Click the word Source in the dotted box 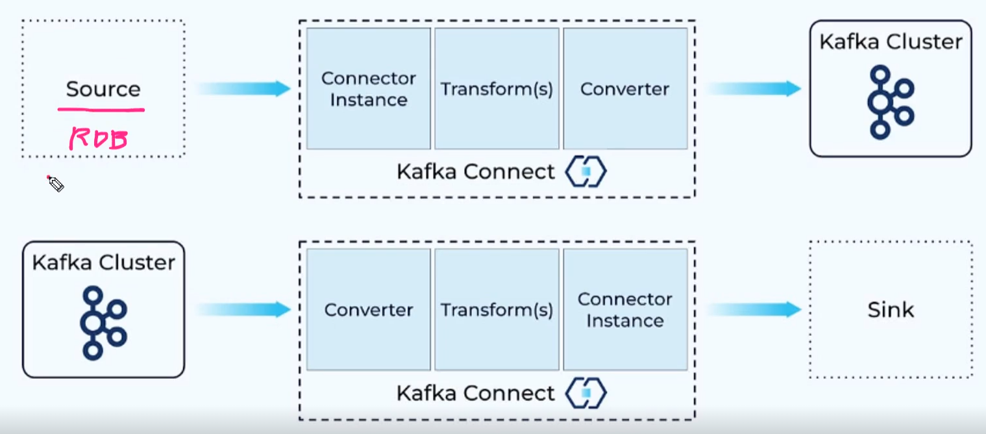tap(103, 89)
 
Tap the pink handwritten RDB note tap(99, 139)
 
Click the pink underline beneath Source tap(101, 110)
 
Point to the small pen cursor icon tap(55, 184)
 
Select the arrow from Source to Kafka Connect tap(243, 89)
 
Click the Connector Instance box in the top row tap(368, 89)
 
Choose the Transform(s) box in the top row tap(497, 89)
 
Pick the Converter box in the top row tap(624, 89)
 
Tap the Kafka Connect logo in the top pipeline tap(585, 172)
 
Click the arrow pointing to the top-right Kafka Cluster tap(754, 89)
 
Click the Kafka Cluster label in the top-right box tap(891, 42)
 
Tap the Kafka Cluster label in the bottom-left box tap(104, 262)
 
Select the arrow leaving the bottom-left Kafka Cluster tap(243, 310)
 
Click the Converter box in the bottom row tap(368, 310)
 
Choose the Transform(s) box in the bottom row tap(497, 310)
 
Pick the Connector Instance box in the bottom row tap(624, 310)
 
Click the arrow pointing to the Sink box tap(754, 310)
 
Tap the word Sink tap(891, 310)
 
